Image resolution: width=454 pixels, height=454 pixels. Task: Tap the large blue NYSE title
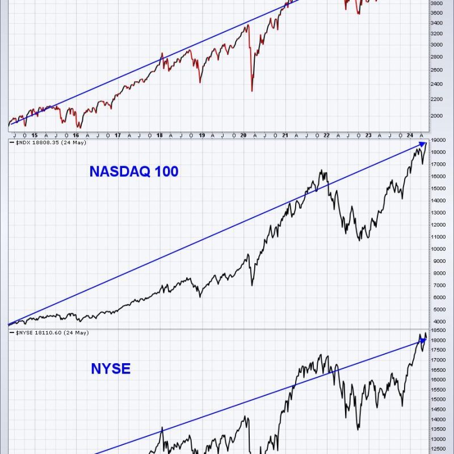111,369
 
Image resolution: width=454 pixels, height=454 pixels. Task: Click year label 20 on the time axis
243,135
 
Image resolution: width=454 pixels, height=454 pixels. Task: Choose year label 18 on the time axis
160,135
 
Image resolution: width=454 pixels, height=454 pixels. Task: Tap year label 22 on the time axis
326,135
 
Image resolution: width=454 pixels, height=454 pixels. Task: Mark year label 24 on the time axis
410,135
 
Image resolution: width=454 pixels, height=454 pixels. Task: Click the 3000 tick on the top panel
437,44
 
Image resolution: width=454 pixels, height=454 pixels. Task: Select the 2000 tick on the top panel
437,115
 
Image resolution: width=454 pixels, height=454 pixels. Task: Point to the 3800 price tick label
437,3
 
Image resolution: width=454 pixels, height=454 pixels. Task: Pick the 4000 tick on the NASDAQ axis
437,322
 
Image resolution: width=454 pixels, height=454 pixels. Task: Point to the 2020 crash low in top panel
251,91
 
